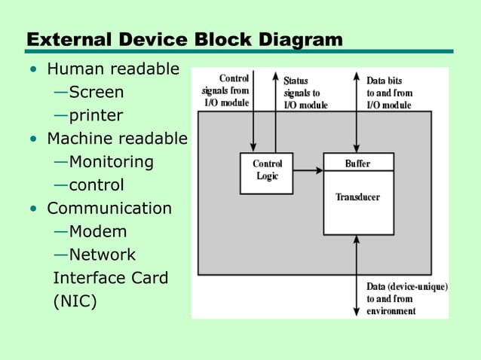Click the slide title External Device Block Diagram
click(x=184, y=39)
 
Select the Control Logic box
click(x=266, y=172)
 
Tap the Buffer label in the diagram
click(x=357, y=163)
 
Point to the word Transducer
click(x=357, y=197)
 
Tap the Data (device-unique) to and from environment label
click(x=406, y=298)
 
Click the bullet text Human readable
click(x=113, y=70)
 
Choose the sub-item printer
click(x=96, y=116)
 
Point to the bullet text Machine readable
click(x=117, y=139)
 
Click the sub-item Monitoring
click(x=111, y=162)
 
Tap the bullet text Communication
click(x=109, y=208)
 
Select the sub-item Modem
click(x=98, y=231)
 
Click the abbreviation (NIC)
click(x=75, y=301)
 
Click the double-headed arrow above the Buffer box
click(x=356, y=113)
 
